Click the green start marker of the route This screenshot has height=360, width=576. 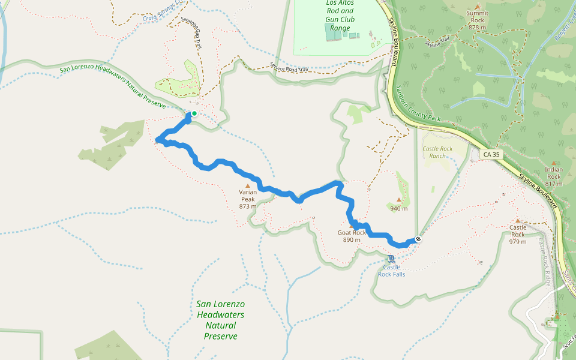[194, 113]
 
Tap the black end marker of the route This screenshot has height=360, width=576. [418, 239]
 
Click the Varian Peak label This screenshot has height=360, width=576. [248, 199]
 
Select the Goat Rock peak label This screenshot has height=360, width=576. [351, 236]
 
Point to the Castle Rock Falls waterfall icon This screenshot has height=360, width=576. [391, 259]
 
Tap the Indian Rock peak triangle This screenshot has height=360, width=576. [553, 163]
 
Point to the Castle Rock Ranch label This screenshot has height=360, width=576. [437, 152]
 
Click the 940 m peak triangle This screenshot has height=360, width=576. [398, 200]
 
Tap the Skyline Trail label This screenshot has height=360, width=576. [437, 42]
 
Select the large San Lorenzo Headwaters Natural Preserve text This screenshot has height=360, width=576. [220, 320]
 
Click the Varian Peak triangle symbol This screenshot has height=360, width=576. [247, 186]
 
